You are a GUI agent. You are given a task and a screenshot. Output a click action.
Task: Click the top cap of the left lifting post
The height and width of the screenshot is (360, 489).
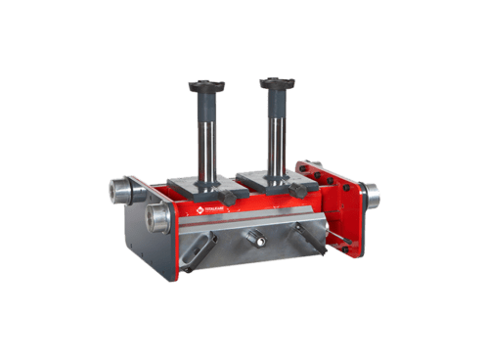click(207, 86)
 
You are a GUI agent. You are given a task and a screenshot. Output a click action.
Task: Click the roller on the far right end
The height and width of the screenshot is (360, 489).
click(373, 196)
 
